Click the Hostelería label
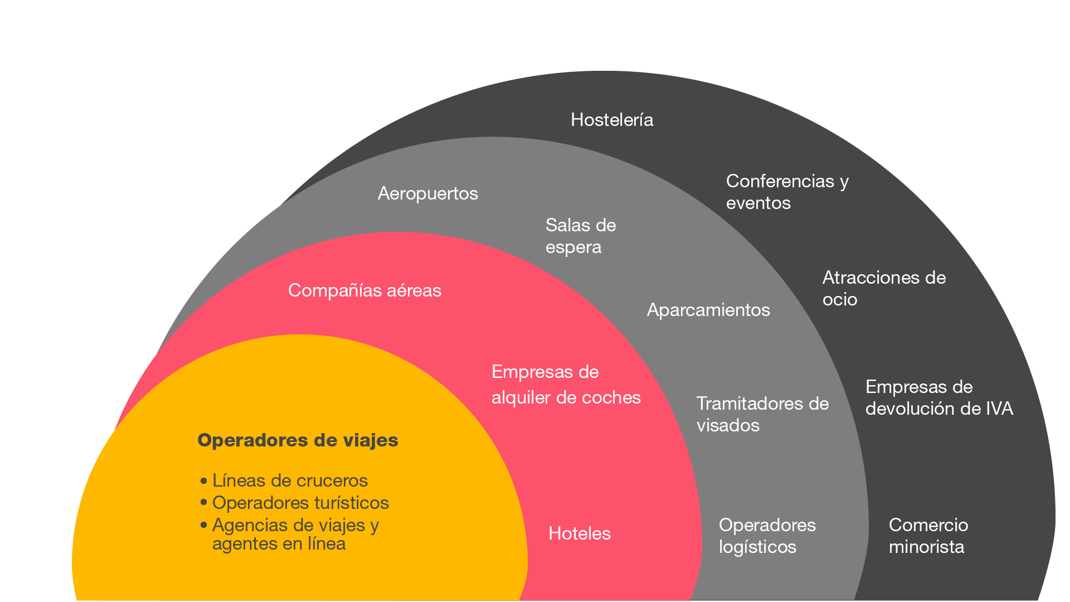point(612,120)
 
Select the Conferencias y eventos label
point(786,192)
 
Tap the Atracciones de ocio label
point(883,288)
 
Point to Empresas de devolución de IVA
point(938,397)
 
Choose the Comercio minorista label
point(928,536)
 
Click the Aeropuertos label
point(427,193)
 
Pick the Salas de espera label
point(580,236)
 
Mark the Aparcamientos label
point(708,310)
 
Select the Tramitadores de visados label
point(762,414)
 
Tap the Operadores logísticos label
point(767,536)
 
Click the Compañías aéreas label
point(364,290)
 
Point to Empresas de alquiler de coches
point(566,385)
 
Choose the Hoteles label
point(580,533)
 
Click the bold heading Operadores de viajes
point(298,440)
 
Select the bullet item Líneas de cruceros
point(290,480)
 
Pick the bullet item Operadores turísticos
point(300,503)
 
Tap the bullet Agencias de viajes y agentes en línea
point(295,534)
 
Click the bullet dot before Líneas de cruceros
point(203,480)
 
